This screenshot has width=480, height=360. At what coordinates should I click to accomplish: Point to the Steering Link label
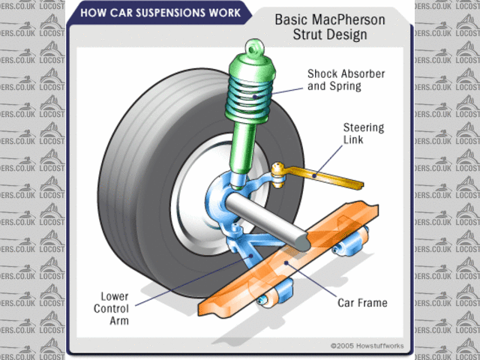click(x=364, y=133)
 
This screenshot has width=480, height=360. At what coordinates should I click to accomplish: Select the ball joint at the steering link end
click(x=279, y=169)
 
